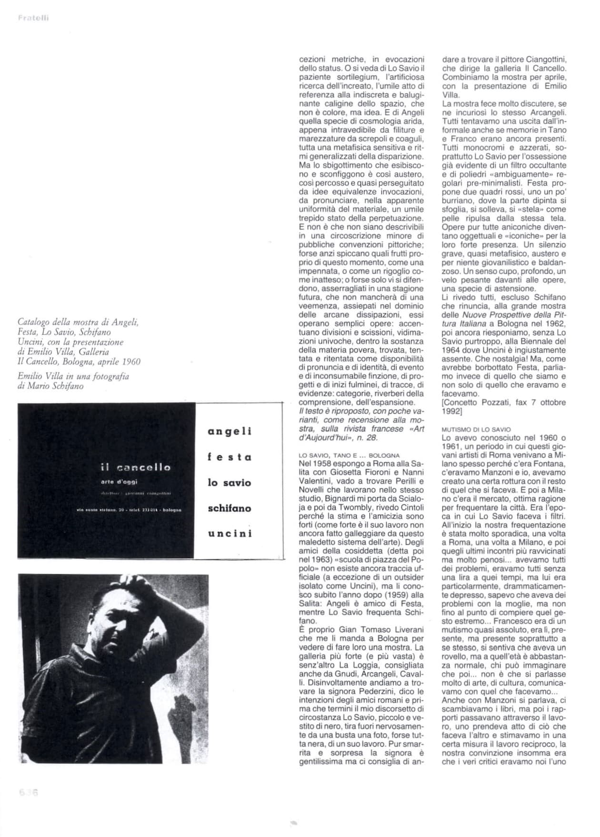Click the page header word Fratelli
click(x=33, y=19)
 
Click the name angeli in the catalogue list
click(x=230, y=431)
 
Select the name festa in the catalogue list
click(x=230, y=457)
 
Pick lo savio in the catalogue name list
click(x=230, y=483)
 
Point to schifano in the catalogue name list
click(x=230, y=508)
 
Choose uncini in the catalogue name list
click(x=230, y=534)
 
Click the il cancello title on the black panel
click(x=136, y=468)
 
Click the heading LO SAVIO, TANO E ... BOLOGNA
click(x=349, y=455)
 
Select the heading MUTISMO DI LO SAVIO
click(x=476, y=429)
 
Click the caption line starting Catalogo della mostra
click(x=78, y=322)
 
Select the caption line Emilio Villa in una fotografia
click(x=73, y=376)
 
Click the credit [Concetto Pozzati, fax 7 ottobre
click(x=503, y=402)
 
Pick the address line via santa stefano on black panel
click(x=129, y=511)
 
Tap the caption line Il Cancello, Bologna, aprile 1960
click(x=79, y=361)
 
